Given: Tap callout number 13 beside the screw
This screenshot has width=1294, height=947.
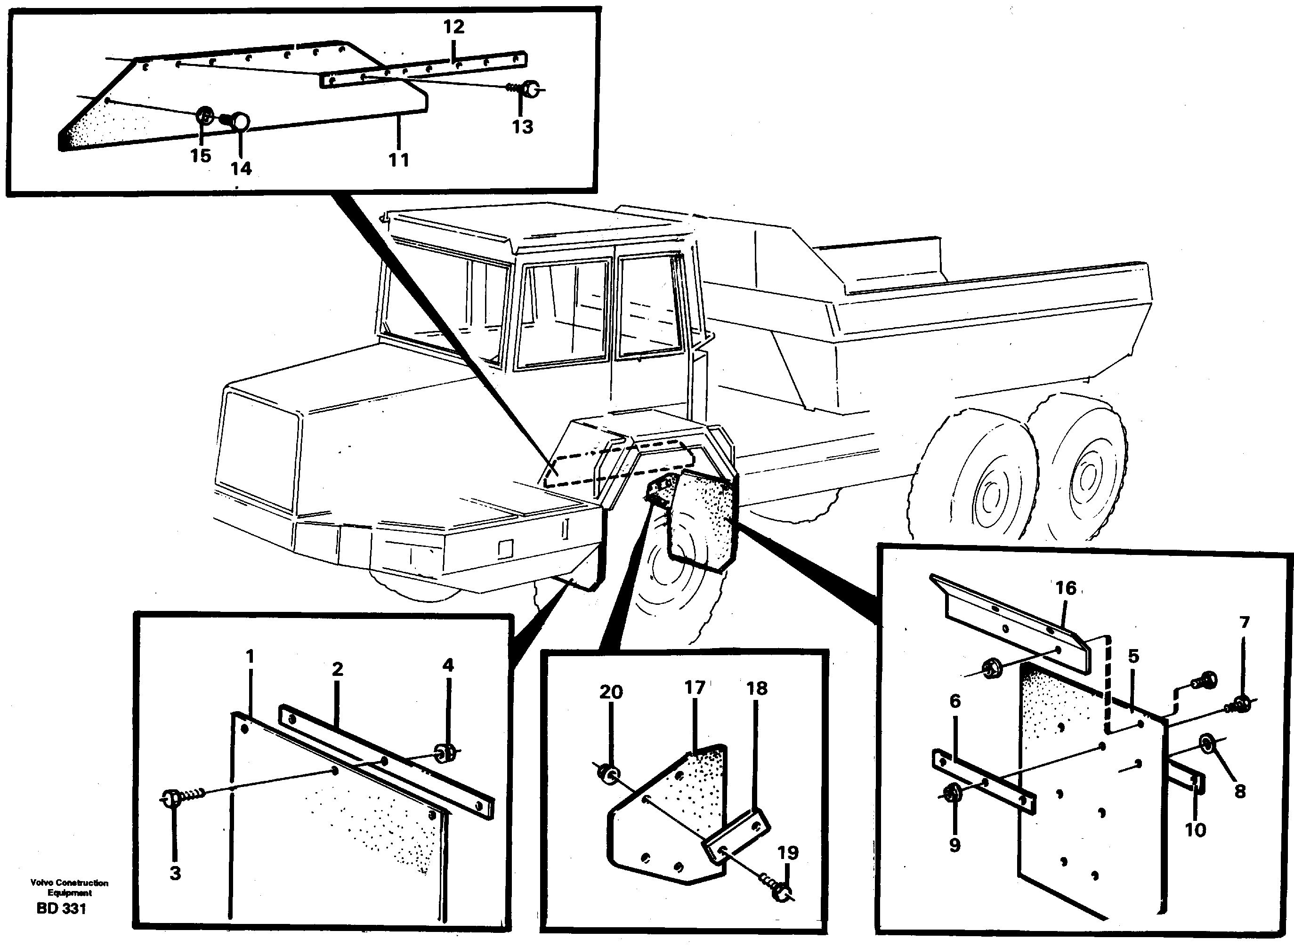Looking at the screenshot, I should click(522, 127).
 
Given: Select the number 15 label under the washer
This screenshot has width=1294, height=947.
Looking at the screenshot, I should click(200, 155).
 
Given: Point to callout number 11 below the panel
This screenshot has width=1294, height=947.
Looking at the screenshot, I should click(399, 160).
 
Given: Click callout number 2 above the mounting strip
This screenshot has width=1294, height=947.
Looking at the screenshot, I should click(337, 669).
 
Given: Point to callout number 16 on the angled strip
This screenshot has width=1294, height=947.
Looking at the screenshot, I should click(1066, 587).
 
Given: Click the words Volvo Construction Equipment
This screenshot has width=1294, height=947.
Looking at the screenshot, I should click(69, 887).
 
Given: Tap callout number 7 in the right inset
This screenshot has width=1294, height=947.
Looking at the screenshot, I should click(1244, 622).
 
